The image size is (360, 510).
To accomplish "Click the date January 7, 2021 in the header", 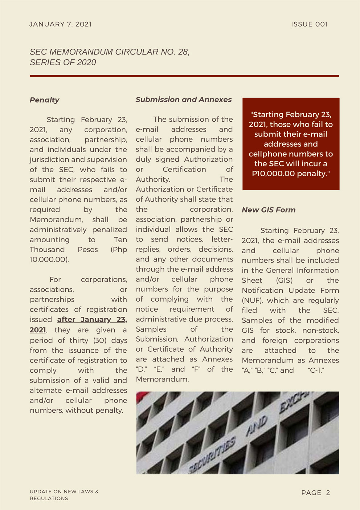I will (x=61, y=24).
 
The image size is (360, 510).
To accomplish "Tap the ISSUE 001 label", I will (x=309, y=24).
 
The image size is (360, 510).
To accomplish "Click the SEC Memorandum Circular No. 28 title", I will (x=110, y=57).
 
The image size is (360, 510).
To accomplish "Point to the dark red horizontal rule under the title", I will (x=184, y=76).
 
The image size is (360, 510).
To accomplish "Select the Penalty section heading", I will (x=44, y=100).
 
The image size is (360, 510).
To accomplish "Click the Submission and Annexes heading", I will (x=184, y=100).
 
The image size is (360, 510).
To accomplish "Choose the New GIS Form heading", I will (x=269, y=210).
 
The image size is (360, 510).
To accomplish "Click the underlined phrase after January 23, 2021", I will (x=92, y=320).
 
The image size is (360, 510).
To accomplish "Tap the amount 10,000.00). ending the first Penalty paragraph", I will (x=49, y=260).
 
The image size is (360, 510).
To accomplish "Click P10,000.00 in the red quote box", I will (x=273, y=174).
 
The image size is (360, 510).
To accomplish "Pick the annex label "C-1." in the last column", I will (x=316, y=371).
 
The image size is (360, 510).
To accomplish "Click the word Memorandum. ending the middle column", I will (x=162, y=379).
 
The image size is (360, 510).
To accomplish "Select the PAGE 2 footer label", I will (x=315, y=493).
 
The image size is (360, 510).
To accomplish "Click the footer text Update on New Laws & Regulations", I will (x=64, y=495).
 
